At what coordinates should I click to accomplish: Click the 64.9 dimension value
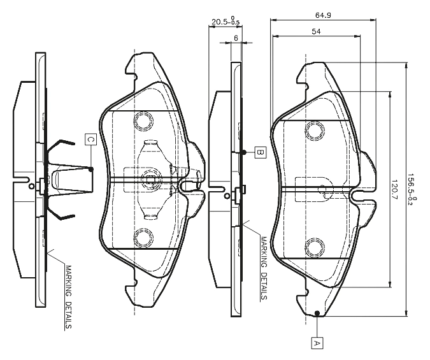pyautogui.click(x=323, y=15)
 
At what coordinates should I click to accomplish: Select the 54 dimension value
pyautogui.click(x=316, y=31)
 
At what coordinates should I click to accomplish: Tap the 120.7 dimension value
pyautogui.click(x=395, y=190)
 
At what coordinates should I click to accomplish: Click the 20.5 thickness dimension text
pyautogui.click(x=225, y=21)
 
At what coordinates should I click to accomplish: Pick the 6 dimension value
pyautogui.click(x=236, y=38)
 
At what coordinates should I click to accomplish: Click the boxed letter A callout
pyautogui.click(x=317, y=343)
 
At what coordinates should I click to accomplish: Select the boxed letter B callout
pyautogui.click(x=260, y=152)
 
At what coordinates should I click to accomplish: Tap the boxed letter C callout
pyautogui.click(x=90, y=140)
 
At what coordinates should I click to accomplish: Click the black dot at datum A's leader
pyautogui.click(x=317, y=313)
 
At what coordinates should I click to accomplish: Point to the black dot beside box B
pyautogui.click(x=243, y=152)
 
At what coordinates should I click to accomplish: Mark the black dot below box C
pyautogui.click(x=91, y=169)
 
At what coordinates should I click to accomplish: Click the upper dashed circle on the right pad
pyautogui.click(x=315, y=131)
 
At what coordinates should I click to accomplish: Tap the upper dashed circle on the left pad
pyautogui.click(x=143, y=120)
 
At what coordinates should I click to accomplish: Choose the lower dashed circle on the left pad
pyautogui.click(x=143, y=238)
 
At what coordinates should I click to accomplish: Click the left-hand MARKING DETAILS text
pyautogui.click(x=68, y=297)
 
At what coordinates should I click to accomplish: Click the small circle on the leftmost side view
pyautogui.click(x=32, y=186)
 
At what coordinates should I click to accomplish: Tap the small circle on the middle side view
pyautogui.click(x=227, y=196)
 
